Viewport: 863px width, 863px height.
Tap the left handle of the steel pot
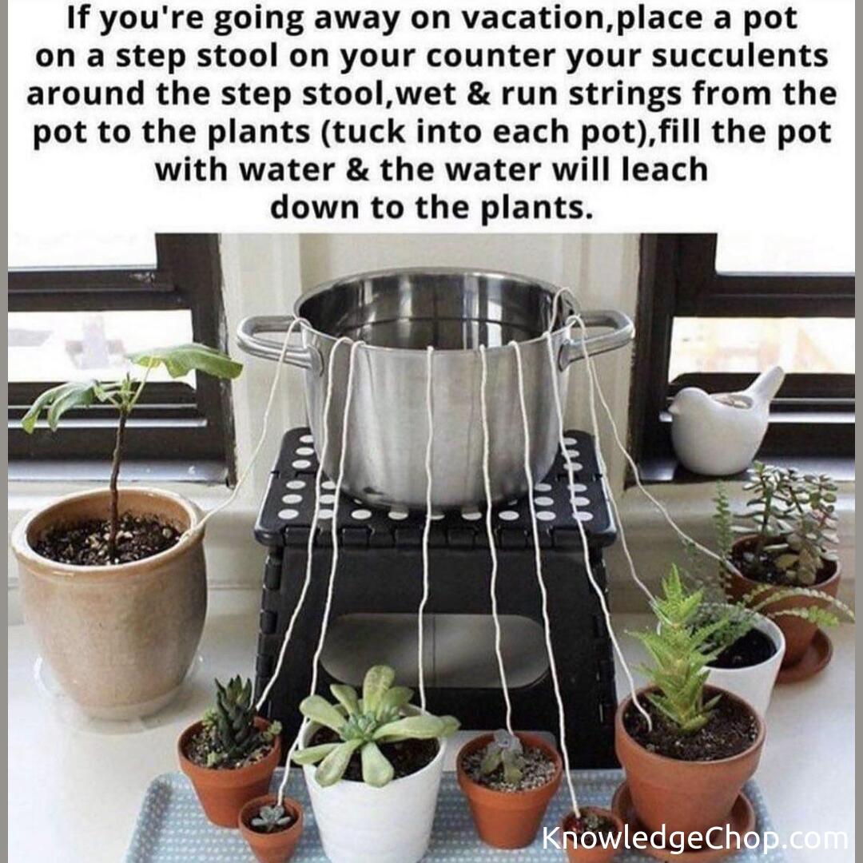tap(270, 341)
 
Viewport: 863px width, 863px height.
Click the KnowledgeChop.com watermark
tap(694, 837)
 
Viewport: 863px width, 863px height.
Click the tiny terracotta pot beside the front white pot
tap(271, 829)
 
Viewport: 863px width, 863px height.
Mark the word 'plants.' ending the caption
tap(537, 208)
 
